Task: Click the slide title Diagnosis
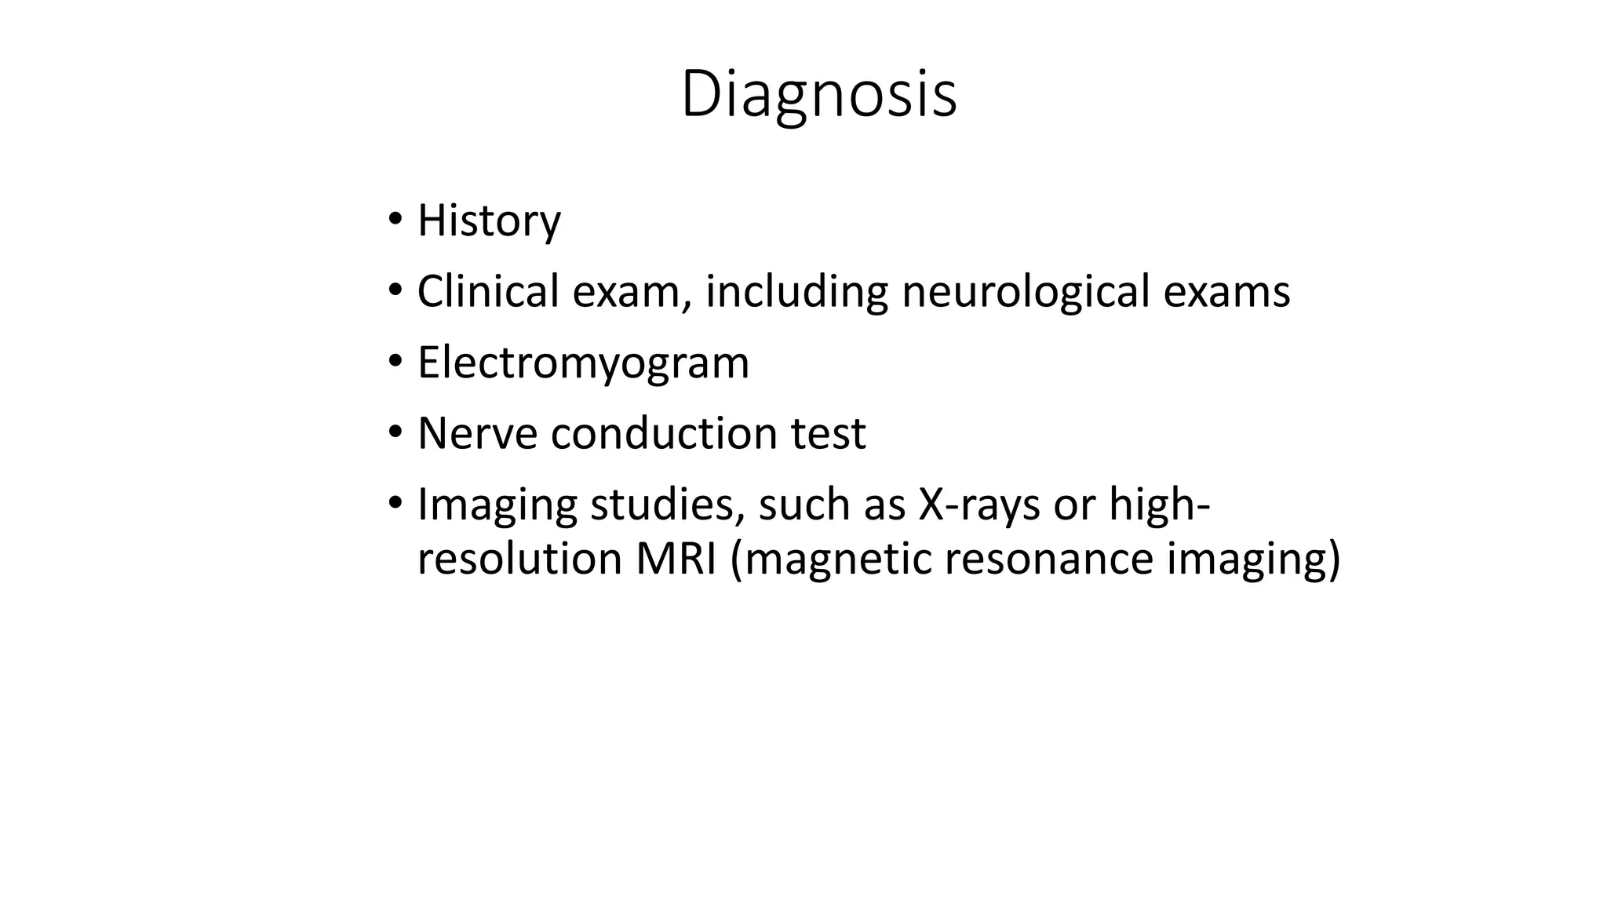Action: coord(818,94)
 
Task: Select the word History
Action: coord(489,221)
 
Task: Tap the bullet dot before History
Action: coord(395,217)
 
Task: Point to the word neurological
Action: coord(1026,293)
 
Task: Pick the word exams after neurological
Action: coord(1226,291)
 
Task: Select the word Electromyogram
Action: coord(583,363)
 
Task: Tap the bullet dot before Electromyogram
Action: coord(395,361)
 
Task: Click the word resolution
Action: coord(519,560)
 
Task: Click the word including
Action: coord(796,293)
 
